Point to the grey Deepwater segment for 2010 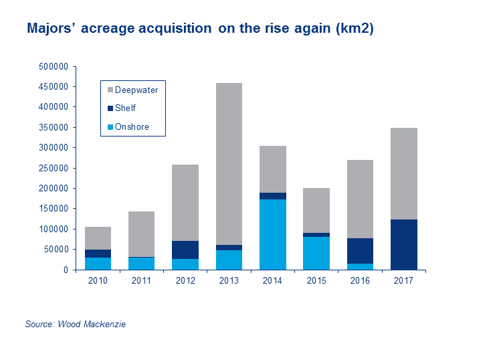pyautogui.click(x=98, y=238)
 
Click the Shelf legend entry pyautogui.click(x=126, y=108)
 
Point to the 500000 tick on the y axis pyautogui.click(x=55, y=67)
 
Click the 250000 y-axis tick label pyautogui.click(x=55, y=169)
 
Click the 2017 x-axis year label pyautogui.click(x=403, y=281)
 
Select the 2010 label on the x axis pyautogui.click(x=98, y=281)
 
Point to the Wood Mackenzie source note pyautogui.click(x=76, y=325)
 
